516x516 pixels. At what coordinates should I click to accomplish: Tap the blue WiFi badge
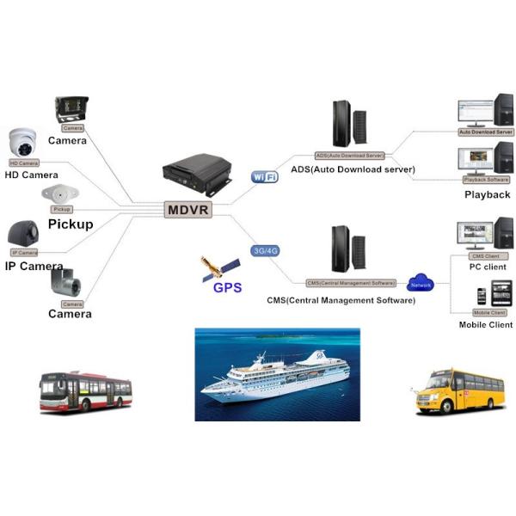[x=264, y=177]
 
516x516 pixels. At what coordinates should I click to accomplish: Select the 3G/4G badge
[x=265, y=250]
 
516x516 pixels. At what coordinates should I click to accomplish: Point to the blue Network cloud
[x=421, y=283]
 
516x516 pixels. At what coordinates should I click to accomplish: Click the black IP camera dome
[x=23, y=232]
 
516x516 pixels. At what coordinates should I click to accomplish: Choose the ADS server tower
[x=344, y=124]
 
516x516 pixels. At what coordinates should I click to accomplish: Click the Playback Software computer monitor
[x=477, y=159]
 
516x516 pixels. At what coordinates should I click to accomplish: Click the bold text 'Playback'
[x=487, y=194]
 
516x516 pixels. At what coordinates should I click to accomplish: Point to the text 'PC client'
[x=487, y=267]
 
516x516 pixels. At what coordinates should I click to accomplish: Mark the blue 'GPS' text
[x=227, y=288]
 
